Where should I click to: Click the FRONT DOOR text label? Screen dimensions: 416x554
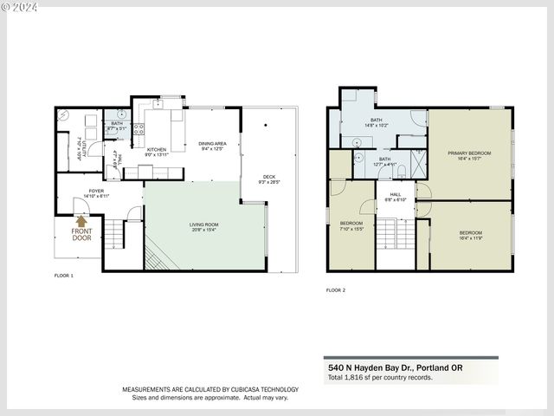81,234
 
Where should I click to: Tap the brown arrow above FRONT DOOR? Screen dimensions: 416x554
81,221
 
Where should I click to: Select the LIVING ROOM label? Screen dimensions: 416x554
205,228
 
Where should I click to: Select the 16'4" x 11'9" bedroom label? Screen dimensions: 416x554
470,235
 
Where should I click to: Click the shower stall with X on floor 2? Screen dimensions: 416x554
417,163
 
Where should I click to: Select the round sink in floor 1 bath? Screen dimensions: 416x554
122,114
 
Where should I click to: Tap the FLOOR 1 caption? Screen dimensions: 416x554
64,276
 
